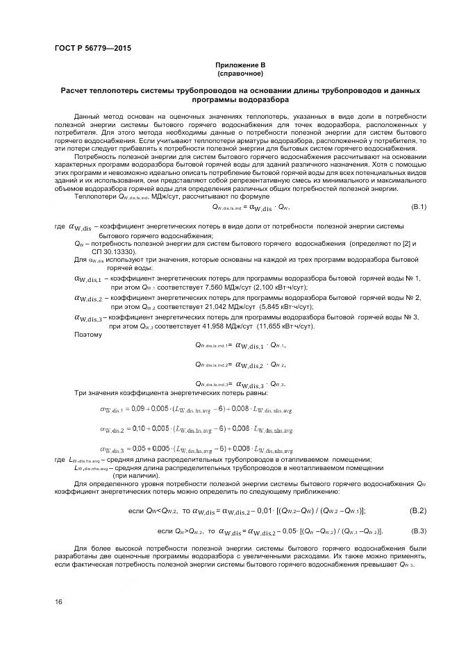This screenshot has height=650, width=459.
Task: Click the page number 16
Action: pos(58,601)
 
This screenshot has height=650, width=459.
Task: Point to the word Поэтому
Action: pos(88,335)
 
